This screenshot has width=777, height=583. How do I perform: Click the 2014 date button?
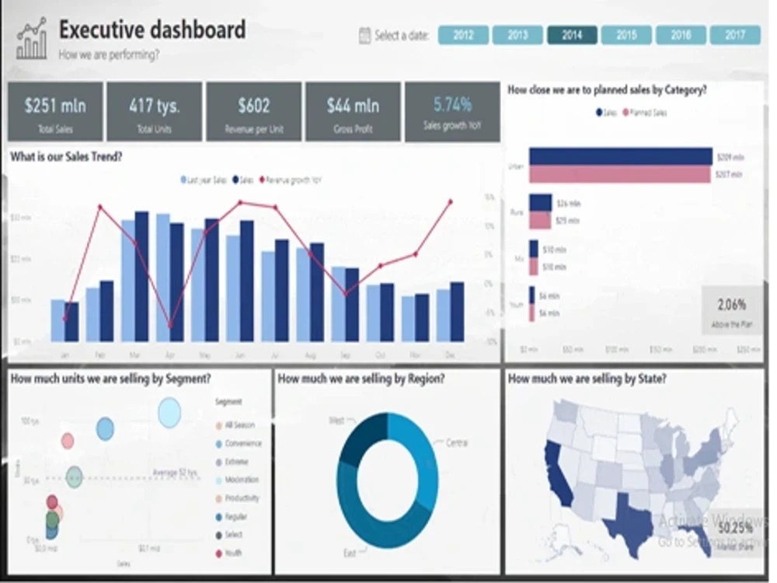point(572,35)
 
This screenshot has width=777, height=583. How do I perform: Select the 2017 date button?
point(735,35)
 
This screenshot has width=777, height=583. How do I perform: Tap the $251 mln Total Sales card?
point(54,112)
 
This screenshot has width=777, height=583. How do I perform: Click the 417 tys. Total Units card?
point(154,112)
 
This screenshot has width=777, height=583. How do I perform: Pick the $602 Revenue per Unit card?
point(253,112)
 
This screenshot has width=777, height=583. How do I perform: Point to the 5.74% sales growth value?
point(452,105)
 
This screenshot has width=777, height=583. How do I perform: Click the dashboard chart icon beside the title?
point(32,39)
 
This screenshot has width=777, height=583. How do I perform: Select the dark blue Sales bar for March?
point(141,276)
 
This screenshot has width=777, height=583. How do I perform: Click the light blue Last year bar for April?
point(163,278)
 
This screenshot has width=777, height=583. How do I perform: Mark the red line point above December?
point(451,202)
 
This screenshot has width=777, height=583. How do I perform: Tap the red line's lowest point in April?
point(169,326)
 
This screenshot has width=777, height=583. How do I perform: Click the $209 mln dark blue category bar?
point(620,156)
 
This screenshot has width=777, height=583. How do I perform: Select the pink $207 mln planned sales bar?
point(619,175)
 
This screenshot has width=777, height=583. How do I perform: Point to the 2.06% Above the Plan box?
point(730,311)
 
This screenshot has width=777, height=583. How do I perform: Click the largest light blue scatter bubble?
point(169,413)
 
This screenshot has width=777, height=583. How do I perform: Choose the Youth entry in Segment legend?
point(233,553)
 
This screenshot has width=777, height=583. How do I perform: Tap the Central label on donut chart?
point(457,443)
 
